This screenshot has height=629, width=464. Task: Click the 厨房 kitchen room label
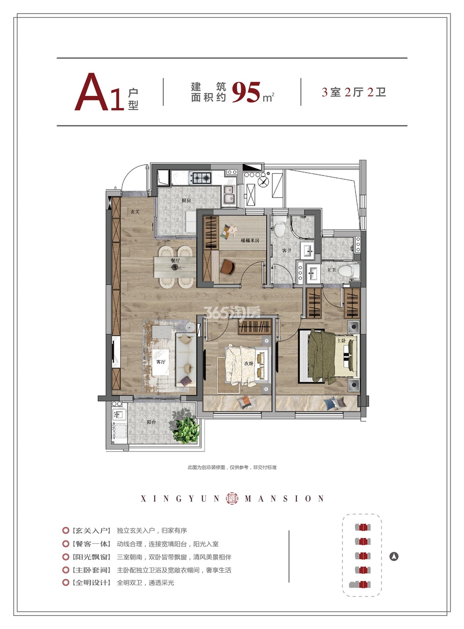click(x=186, y=200)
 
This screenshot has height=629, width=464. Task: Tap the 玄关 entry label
click(x=135, y=212)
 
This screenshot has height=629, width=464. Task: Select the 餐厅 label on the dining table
click(x=175, y=261)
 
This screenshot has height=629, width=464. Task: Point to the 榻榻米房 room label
click(x=250, y=240)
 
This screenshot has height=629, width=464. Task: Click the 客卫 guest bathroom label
click(x=287, y=251)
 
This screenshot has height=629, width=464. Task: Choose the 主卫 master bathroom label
click(x=331, y=270)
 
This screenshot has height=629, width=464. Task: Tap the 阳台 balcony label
click(x=151, y=422)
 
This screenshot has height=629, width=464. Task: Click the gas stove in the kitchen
click(x=200, y=177)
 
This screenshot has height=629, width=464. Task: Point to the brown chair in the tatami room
click(x=228, y=267)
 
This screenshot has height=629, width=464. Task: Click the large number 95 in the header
click(x=246, y=92)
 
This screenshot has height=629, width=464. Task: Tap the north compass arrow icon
click(x=394, y=557)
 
